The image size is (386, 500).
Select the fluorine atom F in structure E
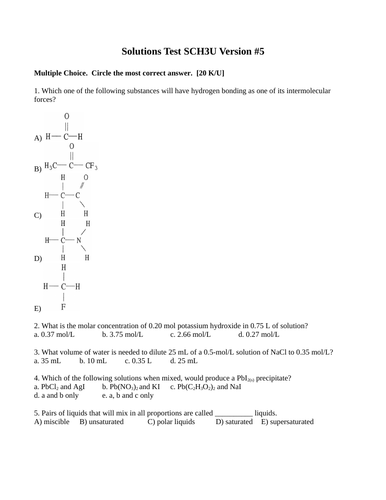(63, 307)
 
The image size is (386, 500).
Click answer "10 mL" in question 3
(97, 362)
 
